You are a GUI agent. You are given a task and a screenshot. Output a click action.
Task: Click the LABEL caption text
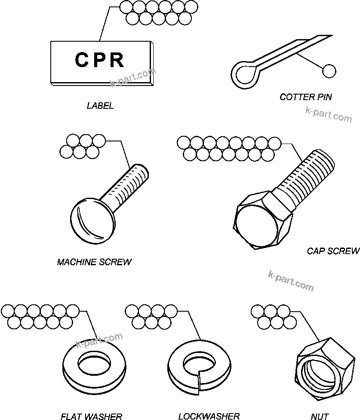[x=100, y=106]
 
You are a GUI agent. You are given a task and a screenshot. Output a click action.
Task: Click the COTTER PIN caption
[x=305, y=97]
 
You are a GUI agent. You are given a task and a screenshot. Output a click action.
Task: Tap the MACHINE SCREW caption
[x=94, y=262]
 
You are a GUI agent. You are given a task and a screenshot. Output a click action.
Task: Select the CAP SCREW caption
[x=333, y=251]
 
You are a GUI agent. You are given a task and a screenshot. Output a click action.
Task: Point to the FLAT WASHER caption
[x=91, y=416]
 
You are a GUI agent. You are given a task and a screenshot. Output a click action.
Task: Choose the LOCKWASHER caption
[x=209, y=416]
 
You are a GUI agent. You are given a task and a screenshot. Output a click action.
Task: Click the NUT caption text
[x=320, y=416]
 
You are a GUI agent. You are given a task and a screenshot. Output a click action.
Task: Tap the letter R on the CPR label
[x=116, y=60]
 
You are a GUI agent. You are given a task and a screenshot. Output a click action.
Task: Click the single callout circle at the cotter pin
[x=329, y=71]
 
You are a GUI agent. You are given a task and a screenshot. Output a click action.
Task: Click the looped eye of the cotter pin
[x=245, y=73]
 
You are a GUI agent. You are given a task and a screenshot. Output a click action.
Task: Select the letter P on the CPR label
[x=99, y=60]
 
